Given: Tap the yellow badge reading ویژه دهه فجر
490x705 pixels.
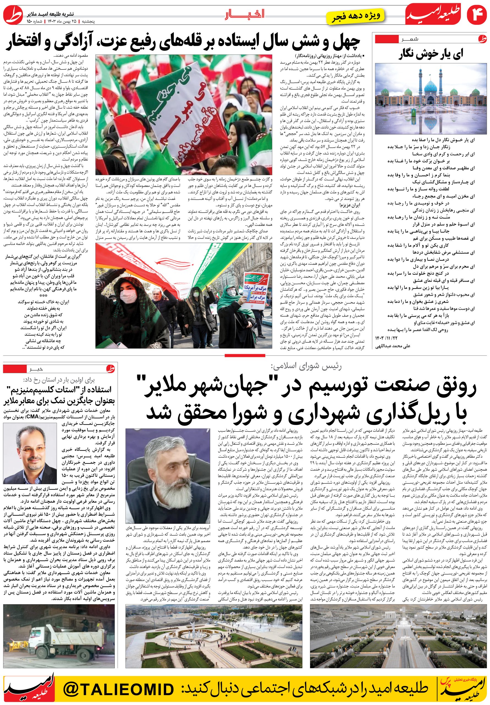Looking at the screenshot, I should (x=357, y=16).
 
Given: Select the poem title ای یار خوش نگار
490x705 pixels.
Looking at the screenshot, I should (x=431, y=54).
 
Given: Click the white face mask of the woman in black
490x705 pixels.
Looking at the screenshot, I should (x=126, y=296).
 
